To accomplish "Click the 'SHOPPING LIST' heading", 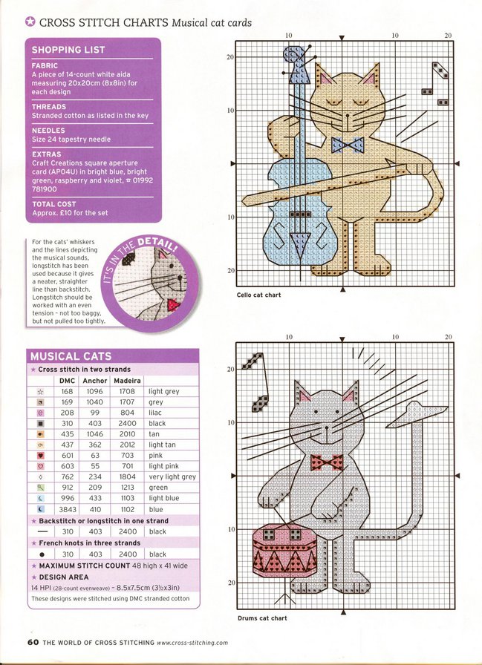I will coord(68,50).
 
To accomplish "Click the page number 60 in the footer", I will coord(33,642).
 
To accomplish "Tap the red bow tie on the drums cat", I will coord(328,462).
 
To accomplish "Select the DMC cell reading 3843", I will coord(67,509).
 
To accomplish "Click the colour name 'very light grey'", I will coord(172,476).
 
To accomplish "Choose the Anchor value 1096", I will coord(95,391).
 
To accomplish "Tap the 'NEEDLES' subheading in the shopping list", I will coord(48,131).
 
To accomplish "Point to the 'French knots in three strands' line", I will coord(82,543).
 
